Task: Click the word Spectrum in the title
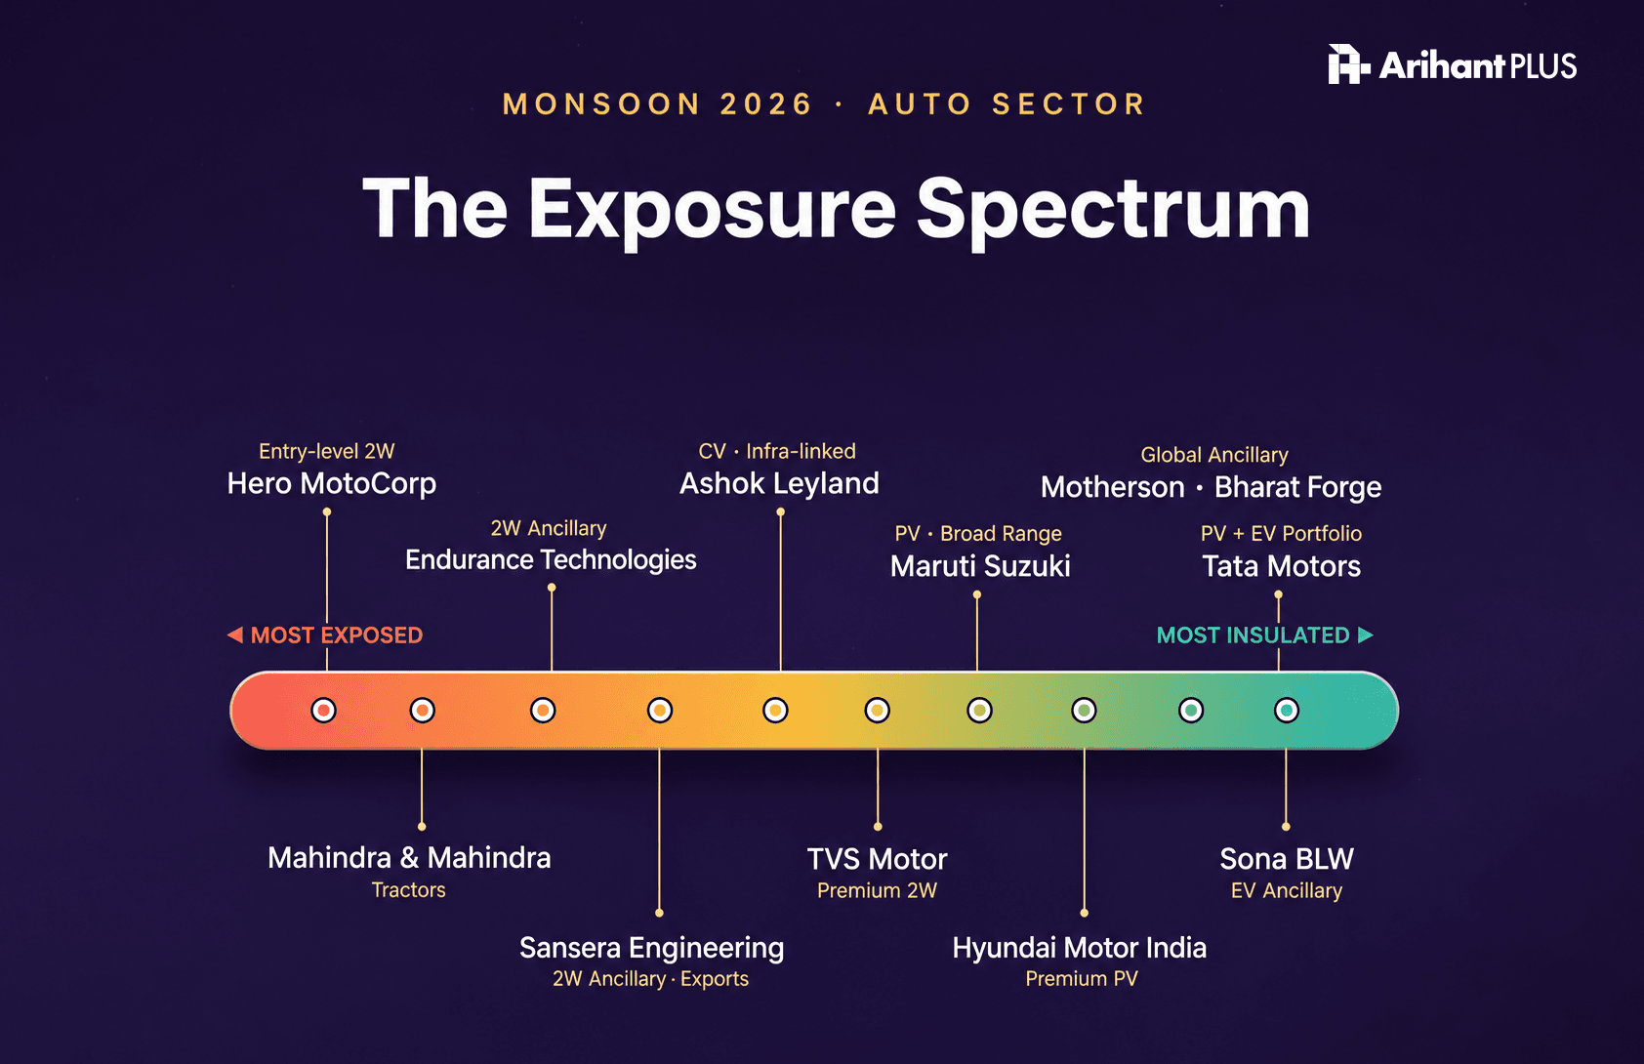(x=1113, y=210)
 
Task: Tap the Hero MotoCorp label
(x=332, y=484)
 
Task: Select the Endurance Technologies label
(x=551, y=560)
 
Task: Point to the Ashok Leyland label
(x=779, y=484)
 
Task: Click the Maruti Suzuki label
(x=980, y=566)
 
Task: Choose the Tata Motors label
(x=1282, y=566)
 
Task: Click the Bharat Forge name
(x=1297, y=488)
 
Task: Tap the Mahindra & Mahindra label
(x=409, y=858)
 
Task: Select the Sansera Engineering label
(x=652, y=948)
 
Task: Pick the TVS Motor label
(x=877, y=859)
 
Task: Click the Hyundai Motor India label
(x=1080, y=948)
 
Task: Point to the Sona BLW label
(x=1287, y=859)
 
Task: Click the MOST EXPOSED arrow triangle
(x=235, y=634)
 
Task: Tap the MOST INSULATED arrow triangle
(x=1365, y=634)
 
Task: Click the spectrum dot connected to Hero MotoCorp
(x=324, y=711)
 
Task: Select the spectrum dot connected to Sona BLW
(x=1286, y=711)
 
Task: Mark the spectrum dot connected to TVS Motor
(x=877, y=711)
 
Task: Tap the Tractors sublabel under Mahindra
(x=409, y=890)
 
